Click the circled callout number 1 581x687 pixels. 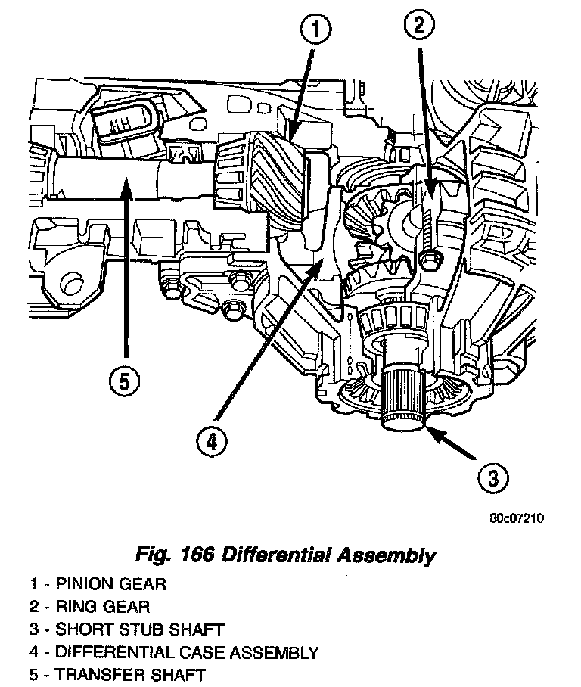[317, 32]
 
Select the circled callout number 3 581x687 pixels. [492, 477]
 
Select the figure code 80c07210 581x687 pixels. [517, 518]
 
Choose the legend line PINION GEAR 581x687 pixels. [98, 584]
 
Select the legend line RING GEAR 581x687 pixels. [90, 607]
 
